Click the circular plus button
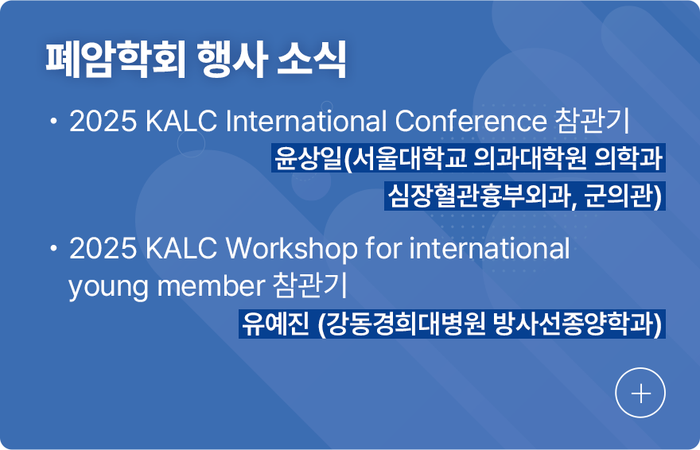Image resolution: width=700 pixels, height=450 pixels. point(640,394)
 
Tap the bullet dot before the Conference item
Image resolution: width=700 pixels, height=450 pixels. point(53,122)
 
